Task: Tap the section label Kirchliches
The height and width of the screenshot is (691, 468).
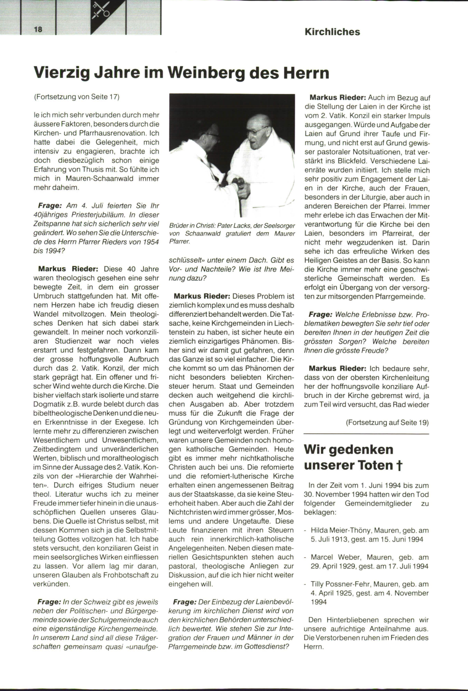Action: [332, 32]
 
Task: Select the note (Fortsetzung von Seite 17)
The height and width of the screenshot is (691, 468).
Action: [76, 97]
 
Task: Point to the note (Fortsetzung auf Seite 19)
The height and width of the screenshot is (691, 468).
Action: [387, 423]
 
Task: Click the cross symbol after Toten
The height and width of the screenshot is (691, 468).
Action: [399, 465]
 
